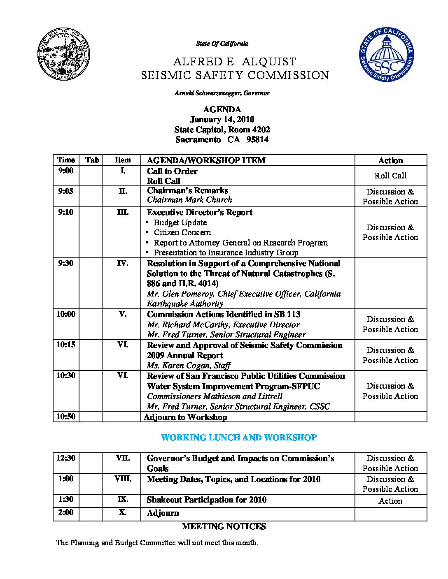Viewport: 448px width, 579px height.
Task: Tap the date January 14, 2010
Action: [222, 120]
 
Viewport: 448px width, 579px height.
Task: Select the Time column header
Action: [66, 160]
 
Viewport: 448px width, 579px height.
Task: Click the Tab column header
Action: [92, 160]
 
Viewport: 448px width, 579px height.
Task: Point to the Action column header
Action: [390, 160]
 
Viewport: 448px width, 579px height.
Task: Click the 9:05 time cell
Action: [65, 191]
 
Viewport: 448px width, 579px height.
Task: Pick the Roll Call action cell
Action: [390, 176]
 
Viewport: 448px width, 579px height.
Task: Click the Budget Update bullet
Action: [180, 222]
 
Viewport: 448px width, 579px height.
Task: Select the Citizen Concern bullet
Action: [182, 232]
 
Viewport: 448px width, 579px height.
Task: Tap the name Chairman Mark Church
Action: [189, 200]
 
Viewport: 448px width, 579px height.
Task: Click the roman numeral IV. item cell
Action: [122, 263]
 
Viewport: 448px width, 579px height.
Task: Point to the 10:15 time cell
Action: [66, 345]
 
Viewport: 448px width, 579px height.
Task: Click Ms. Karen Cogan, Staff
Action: [189, 365]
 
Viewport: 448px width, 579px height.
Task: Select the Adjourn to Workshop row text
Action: [185, 417]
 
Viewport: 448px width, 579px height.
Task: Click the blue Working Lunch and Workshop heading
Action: [238, 438]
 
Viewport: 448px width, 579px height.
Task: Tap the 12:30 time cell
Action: [66, 458]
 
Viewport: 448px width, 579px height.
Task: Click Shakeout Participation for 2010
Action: [206, 500]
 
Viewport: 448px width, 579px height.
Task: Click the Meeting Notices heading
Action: [224, 526]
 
